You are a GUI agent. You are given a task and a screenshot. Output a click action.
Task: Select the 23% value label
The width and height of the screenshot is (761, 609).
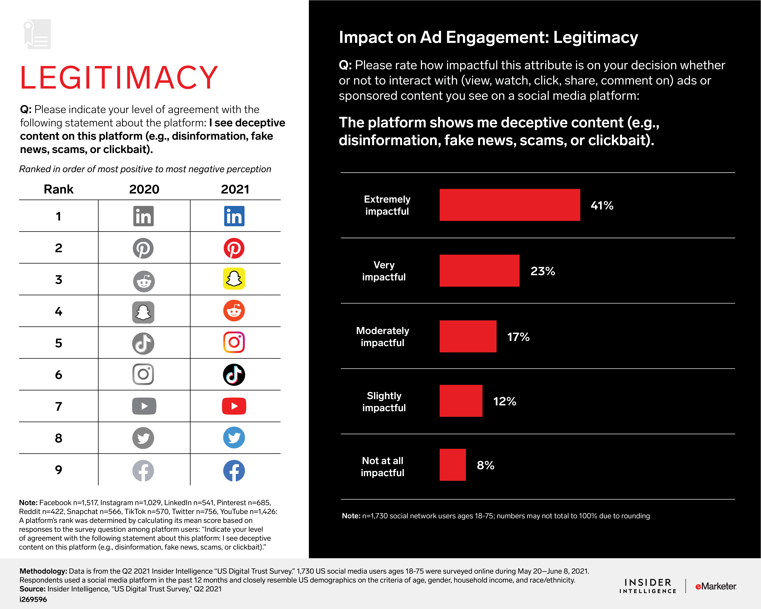[542, 271]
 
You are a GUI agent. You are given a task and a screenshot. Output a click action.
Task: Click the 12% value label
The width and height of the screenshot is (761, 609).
[504, 401]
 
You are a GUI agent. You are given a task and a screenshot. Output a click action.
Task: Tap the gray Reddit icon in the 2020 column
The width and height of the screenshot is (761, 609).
[144, 281]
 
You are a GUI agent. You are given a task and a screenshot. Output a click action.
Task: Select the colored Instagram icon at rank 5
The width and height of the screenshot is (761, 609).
[234, 342]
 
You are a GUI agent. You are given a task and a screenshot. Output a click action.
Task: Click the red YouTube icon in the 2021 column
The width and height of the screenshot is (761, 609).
[234, 406]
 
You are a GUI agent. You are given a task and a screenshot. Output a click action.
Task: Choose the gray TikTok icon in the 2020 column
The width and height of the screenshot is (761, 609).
[143, 343]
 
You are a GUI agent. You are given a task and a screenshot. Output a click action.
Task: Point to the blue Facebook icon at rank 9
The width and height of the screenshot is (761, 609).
[234, 471]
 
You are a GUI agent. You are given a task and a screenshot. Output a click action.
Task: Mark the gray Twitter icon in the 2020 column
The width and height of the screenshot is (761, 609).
[143, 438]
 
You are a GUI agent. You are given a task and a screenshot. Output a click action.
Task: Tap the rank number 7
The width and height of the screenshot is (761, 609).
[59, 406]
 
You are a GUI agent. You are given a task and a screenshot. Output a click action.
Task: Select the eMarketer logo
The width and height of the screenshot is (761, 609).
[716, 586]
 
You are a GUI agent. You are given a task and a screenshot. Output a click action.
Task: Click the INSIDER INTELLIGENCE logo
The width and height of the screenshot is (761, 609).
[648, 586]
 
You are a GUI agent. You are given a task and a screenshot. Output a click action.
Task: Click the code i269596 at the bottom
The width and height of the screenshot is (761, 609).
[33, 599]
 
